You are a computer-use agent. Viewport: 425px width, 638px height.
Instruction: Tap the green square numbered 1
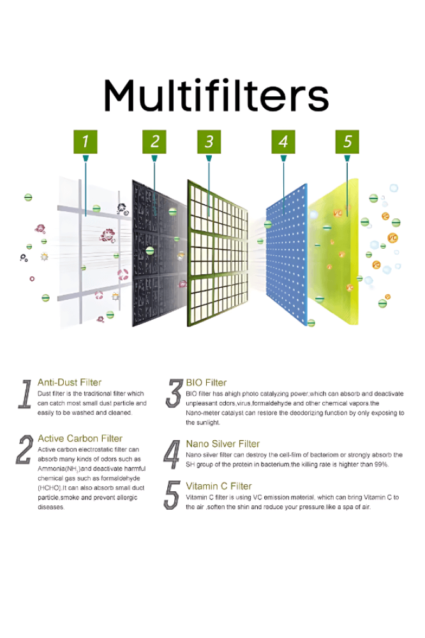(x=86, y=142)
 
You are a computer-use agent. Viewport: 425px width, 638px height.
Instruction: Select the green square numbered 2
(x=154, y=142)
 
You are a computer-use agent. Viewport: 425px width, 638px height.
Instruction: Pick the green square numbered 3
(x=209, y=142)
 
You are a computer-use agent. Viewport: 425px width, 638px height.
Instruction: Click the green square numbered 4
(x=283, y=142)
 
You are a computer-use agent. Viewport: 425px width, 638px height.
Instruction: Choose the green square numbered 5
(x=347, y=142)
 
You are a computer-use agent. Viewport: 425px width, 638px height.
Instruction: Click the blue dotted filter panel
(x=287, y=255)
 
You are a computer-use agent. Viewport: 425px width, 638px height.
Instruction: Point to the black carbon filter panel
(x=160, y=253)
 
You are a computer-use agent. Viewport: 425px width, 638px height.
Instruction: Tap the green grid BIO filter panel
(x=218, y=253)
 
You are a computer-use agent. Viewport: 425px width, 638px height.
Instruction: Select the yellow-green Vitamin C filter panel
(x=334, y=252)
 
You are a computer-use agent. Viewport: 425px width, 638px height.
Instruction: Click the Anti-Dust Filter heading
(x=70, y=382)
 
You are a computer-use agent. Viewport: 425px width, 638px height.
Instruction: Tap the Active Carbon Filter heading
(x=80, y=438)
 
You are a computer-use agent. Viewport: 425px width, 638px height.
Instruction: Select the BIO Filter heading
(x=206, y=382)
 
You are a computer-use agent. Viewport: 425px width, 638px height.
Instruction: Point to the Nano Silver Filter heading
(x=223, y=443)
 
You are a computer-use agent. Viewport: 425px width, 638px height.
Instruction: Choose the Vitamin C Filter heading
(x=219, y=486)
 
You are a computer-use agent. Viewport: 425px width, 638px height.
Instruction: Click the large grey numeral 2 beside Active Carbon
(x=24, y=450)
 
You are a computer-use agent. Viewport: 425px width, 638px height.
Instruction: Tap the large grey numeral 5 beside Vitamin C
(x=172, y=495)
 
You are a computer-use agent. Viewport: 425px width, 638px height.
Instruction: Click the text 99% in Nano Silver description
(x=382, y=464)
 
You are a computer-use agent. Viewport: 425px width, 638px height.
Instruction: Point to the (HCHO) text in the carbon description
(x=50, y=488)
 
